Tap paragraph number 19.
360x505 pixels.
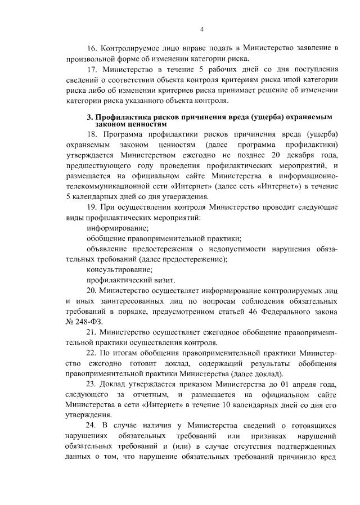[92, 208]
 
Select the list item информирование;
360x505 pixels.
[118, 228]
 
